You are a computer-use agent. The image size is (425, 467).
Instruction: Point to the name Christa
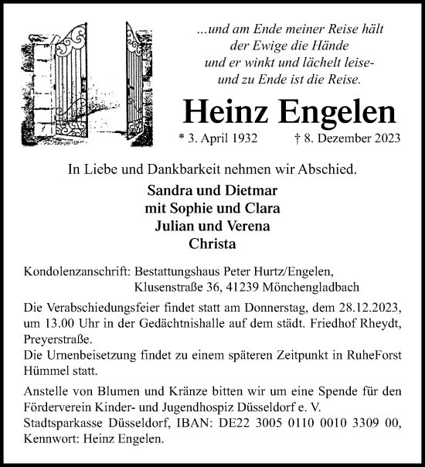point(212,244)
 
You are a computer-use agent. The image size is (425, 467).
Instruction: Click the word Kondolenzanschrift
point(76,271)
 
